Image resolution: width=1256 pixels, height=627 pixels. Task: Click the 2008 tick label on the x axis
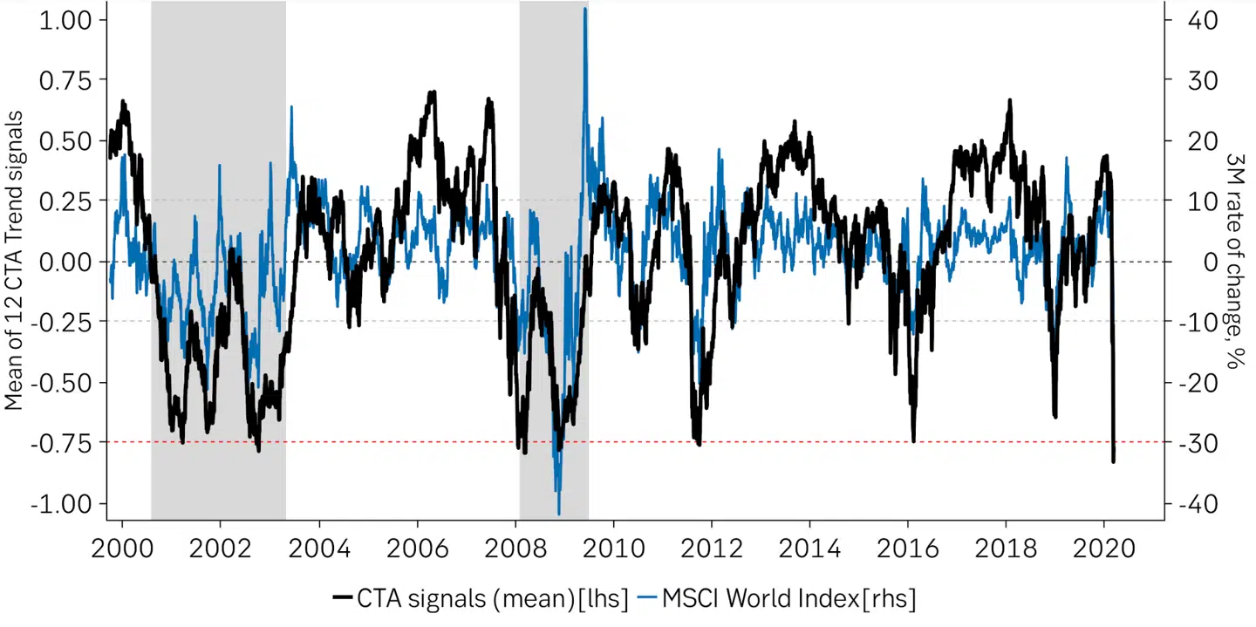pos(515,549)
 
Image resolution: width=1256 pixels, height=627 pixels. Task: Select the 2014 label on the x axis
pos(810,549)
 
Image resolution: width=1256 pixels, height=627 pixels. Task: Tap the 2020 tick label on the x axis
pos(1104,549)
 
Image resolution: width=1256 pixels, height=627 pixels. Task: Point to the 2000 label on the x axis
pos(122,549)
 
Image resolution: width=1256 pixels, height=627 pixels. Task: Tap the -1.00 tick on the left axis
pos(65,504)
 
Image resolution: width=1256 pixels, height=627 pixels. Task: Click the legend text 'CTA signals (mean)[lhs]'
pos(492,598)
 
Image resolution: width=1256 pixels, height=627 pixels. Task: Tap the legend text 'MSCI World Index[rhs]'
pos(789,598)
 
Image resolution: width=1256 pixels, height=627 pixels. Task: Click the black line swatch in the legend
pos(342,598)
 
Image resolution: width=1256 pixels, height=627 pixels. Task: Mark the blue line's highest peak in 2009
pos(584,9)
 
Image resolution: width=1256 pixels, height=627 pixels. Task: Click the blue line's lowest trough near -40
pos(558,514)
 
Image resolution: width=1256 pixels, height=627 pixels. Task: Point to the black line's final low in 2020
pos(1113,460)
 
